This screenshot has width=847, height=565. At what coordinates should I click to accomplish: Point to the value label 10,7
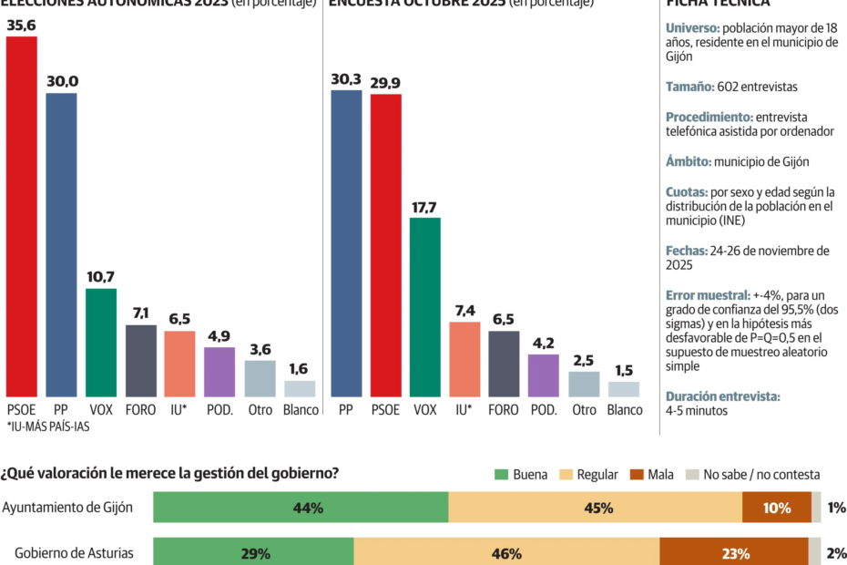[x=101, y=276]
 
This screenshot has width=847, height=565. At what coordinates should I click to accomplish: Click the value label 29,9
[x=385, y=82]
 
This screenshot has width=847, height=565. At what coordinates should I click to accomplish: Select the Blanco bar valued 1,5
[x=624, y=389]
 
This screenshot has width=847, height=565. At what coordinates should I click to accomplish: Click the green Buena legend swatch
[x=501, y=475]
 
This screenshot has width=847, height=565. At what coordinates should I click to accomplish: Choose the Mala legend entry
[x=648, y=475]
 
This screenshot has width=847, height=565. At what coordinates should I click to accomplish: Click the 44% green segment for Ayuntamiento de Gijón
[x=301, y=508]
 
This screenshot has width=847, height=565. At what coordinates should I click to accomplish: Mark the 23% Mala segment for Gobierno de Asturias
[x=733, y=553]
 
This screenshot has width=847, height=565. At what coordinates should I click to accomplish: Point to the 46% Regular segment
[x=506, y=553]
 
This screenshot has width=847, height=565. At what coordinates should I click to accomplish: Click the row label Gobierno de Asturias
[x=75, y=553]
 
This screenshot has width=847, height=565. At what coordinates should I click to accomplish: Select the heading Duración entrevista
[x=723, y=396]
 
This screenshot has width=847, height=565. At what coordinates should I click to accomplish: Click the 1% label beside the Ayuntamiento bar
[x=836, y=508]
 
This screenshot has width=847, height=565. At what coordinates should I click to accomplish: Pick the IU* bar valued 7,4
[x=464, y=359]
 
